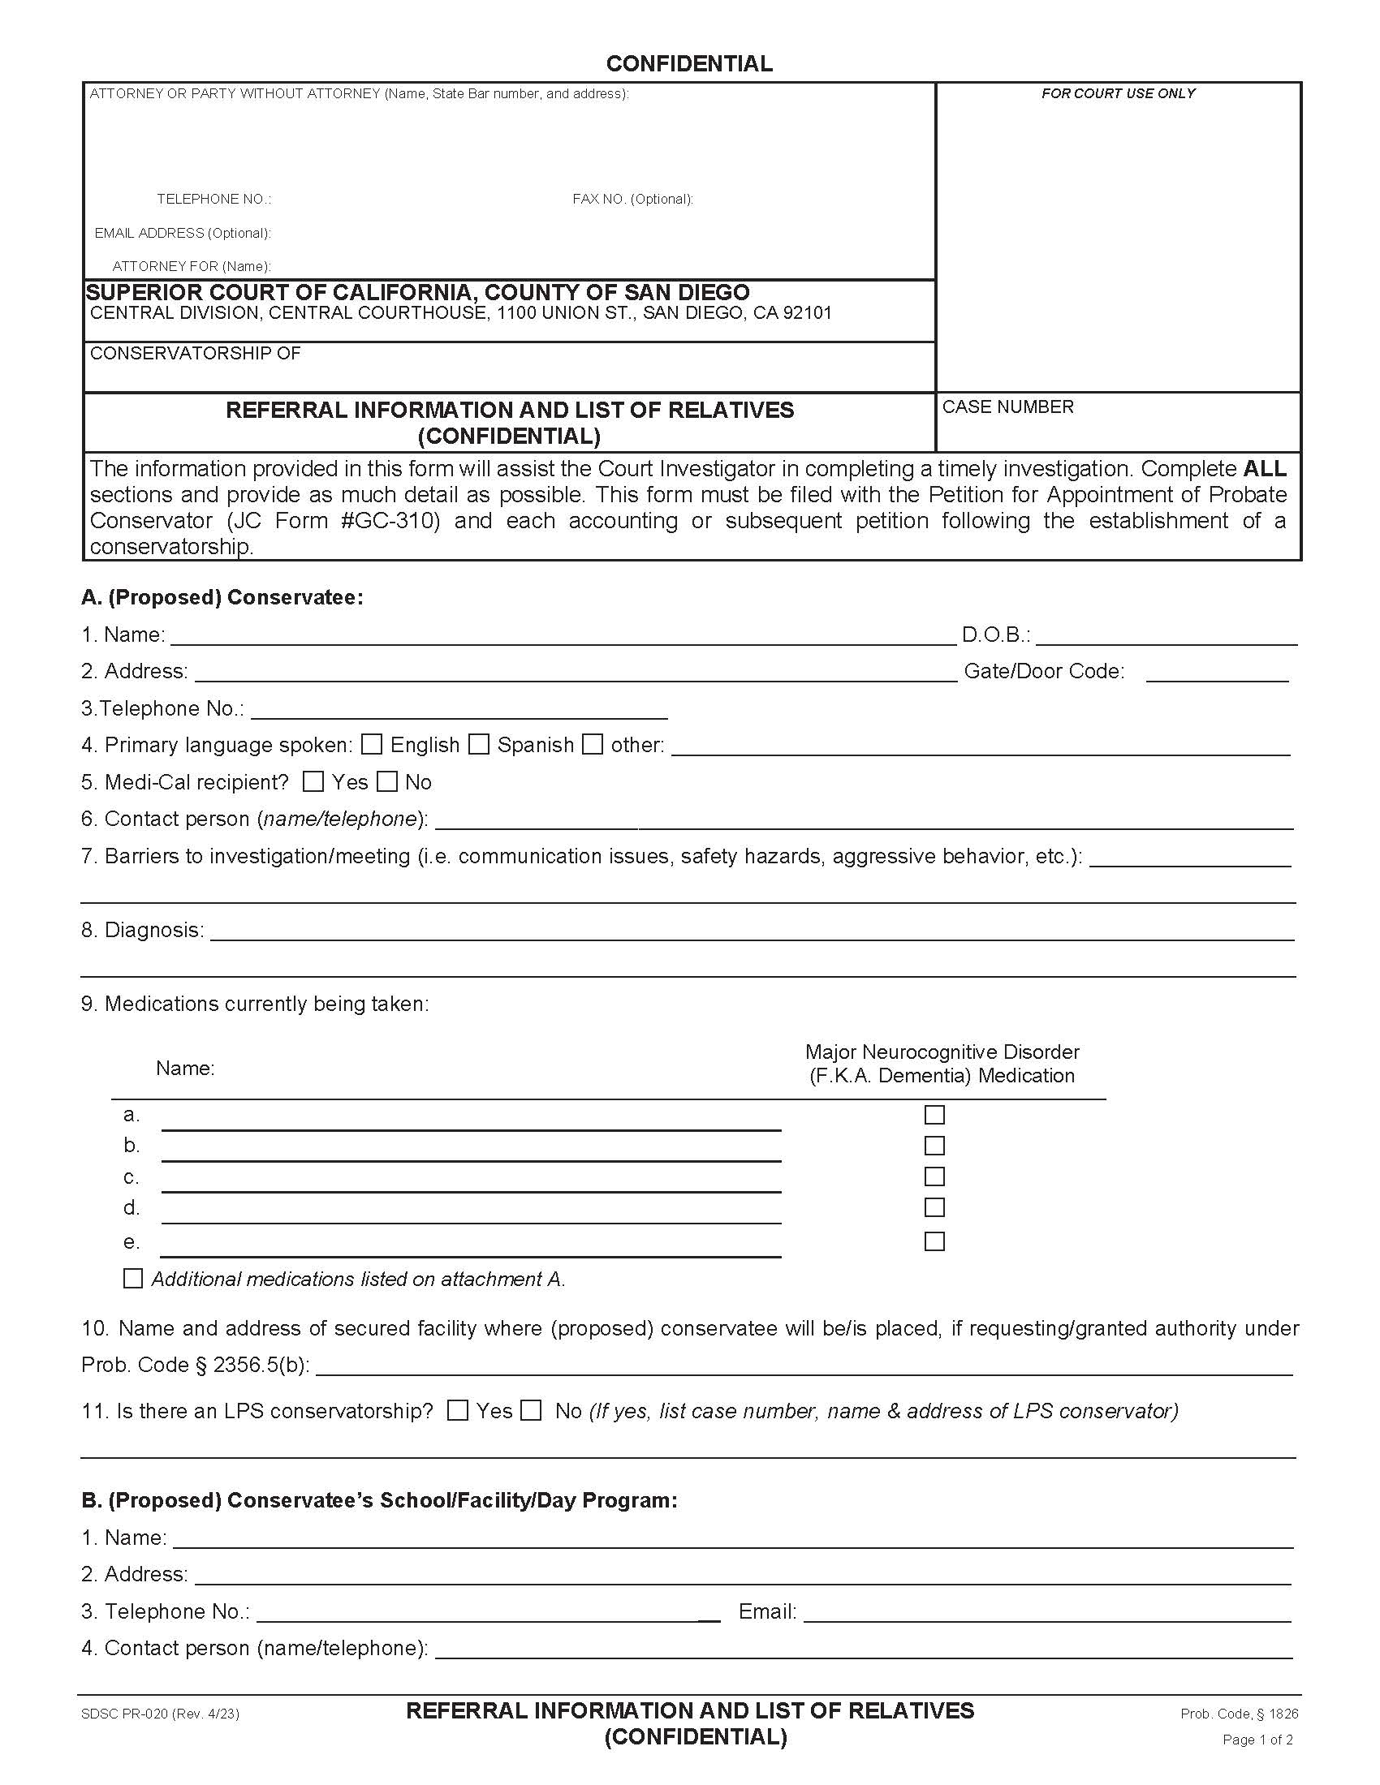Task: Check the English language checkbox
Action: pos(372,744)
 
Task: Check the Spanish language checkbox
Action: pos(479,744)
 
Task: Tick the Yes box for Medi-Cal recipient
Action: pos(313,781)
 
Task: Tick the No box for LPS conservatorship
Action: pos(532,1410)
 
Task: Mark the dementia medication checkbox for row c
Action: pos(934,1176)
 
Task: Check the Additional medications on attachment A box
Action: pos(132,1278)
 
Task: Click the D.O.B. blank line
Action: pos(1166,636)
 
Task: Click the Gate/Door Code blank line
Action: pos(1217,673)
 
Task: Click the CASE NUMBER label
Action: pos(1007,407)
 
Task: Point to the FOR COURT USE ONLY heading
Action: pos(1118,94)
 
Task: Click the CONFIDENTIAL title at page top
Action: pos(689,64)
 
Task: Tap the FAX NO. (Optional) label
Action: pos(632,200)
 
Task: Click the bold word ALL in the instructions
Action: pos(1264,469)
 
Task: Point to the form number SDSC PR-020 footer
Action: pos(159,1714)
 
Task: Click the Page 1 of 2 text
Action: pos(1257,1740)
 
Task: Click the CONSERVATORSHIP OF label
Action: pos(195,353)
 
